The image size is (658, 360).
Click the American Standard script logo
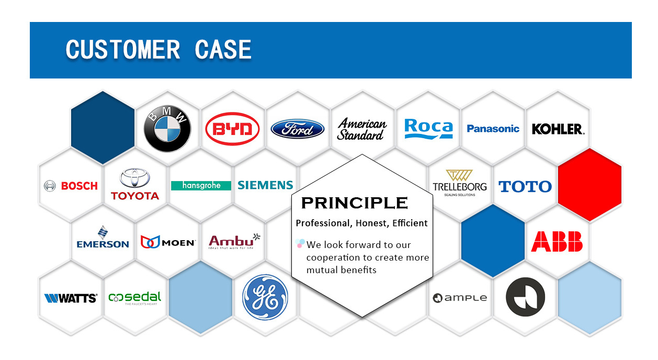click(x=362, y=129)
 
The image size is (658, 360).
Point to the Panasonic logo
click(x=493, y=129)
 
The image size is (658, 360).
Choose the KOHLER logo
click(x=558, y=129)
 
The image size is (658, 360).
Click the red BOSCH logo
click(x=71, y=186)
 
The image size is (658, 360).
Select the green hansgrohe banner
click(x=201, y=185)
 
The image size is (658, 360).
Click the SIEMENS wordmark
click(x=265, y=185)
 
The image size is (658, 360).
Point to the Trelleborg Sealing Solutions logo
click(x=459, y=183)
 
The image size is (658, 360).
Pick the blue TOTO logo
click(x=525, y=186)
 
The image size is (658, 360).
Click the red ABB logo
click(x=557, y=242)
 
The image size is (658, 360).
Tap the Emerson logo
click(x=103, y=238)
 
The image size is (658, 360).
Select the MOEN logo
click(x=168, y=242)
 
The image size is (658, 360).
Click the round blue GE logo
click(x=265, y=296)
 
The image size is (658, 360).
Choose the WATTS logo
click(x=71, y=298)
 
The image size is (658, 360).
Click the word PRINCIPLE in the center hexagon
click(x=354, y=203)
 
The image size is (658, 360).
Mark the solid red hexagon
click(x=589, y=185)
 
